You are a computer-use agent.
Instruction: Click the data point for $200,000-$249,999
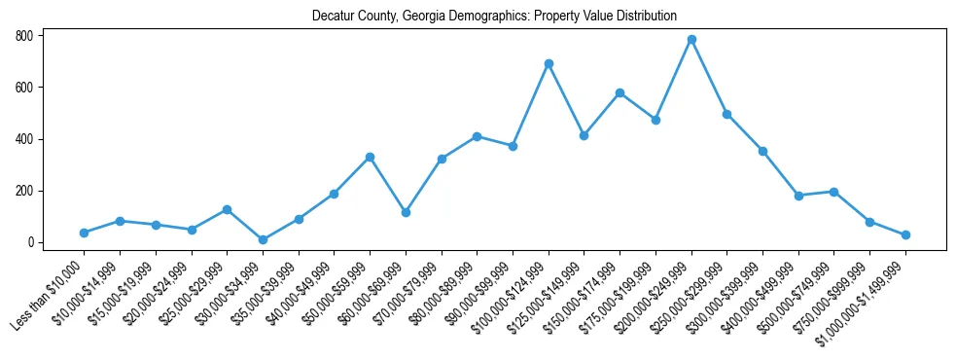point(691,40)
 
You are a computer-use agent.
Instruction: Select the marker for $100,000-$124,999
point(549,64)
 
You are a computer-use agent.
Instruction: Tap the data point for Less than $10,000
point(84,233)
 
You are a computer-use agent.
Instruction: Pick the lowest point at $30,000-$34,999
point(263,239)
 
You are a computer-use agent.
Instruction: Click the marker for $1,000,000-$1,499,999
point(905,234)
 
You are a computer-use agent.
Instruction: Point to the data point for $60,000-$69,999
point(406,212)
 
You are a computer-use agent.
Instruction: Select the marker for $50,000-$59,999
point(370,157)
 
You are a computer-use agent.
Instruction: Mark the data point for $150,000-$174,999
point(620,93)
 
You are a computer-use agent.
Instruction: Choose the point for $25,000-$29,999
point(227,209)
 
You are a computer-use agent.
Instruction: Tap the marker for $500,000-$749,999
point(834,192)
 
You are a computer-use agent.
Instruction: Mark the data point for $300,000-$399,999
point(762,151)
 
